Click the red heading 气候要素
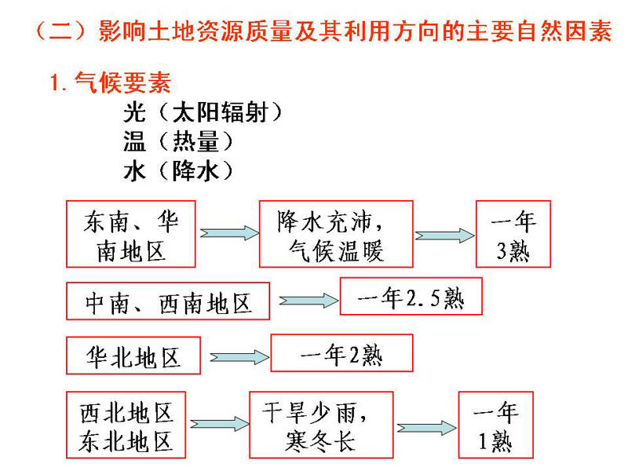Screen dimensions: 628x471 tap(111, 82)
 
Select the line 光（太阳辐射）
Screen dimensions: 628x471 tap(203, 112)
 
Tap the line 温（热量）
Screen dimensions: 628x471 tap(178, 141)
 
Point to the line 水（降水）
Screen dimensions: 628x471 tap(178, 171)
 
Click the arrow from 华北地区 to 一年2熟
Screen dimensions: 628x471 tap(239, 357)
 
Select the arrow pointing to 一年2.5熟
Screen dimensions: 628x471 tap(309, 301)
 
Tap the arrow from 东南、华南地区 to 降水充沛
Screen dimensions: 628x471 tap(229, 233)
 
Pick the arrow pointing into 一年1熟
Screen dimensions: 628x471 tap(426, 428)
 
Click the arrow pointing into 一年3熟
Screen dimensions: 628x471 tap(444, 235)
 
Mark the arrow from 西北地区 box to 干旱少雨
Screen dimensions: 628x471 tap(220, 424)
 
